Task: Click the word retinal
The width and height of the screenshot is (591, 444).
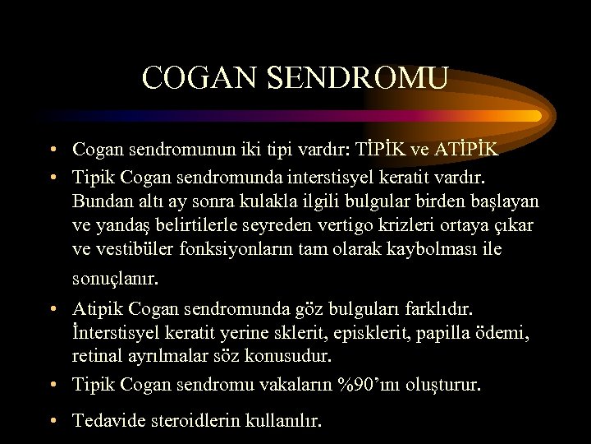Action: tap(97, 357)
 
